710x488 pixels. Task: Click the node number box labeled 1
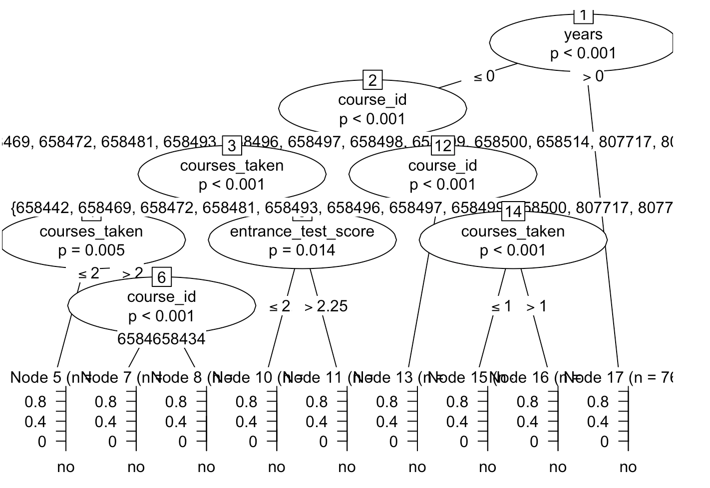point(583,15)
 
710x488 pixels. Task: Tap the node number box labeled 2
point(372,80)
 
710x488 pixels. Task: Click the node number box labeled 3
point(232,146)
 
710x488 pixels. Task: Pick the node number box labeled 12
point(442,146)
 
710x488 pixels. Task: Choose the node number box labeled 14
point(513,212)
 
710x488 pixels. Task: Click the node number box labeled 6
point(161,277)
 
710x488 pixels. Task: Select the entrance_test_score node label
point(302,232)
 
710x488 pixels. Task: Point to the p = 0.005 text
point(91,250)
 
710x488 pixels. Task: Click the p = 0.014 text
point(302,250)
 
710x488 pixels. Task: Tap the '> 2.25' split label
point(326,306)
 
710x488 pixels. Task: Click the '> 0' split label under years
point(593,77)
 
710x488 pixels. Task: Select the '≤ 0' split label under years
point(484,77)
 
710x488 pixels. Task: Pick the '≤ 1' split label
point(501,306)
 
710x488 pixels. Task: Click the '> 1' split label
point(536,306)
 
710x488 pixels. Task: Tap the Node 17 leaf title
point(619,378)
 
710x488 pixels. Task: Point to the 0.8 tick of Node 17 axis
point(598,402)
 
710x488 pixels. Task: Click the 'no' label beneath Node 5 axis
point(65,468)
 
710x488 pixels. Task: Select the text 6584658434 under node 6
point(161,339)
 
